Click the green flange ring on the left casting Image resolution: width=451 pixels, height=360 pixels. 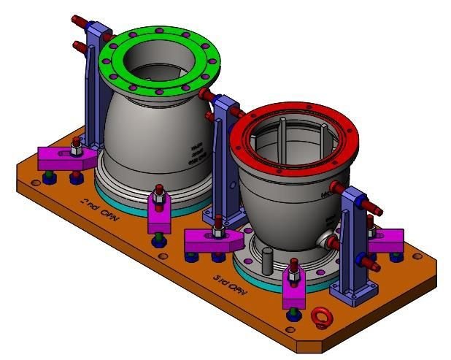pos(117,55)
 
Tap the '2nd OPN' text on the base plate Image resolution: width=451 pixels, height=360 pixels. pos(98,206)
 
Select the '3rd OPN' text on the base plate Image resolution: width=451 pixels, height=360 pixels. pos(231,284)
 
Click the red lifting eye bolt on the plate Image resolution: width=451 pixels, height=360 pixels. pos(319,316)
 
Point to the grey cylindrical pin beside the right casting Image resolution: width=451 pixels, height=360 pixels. pos(267,260)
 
